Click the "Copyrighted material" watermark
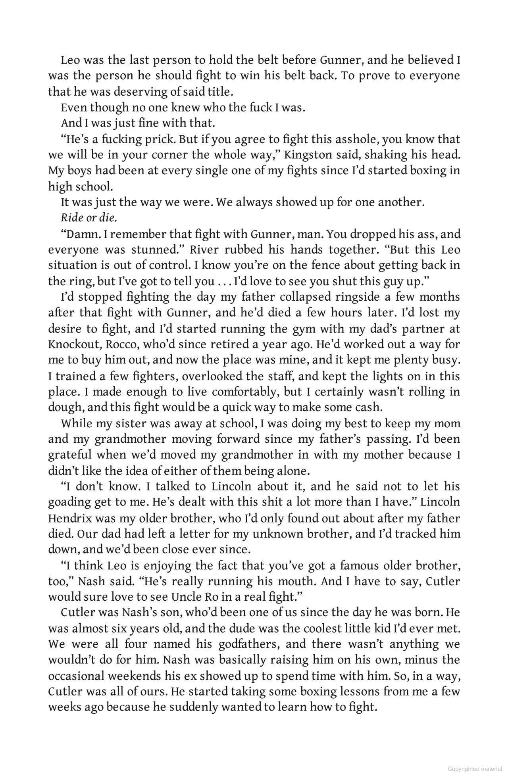point(475,769)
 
